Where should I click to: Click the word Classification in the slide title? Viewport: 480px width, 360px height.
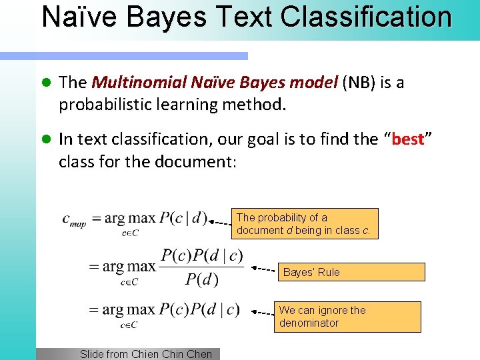coord(366,17)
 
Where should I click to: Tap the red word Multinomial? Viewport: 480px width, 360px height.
coord(139,83)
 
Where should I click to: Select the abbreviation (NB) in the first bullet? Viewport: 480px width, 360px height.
coord(359,83)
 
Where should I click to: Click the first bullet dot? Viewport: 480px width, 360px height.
coord(46,83)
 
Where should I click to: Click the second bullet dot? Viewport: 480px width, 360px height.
coord(46,139)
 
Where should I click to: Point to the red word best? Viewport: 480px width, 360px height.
coord(408,139)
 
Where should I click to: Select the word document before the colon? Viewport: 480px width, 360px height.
coord(195,162)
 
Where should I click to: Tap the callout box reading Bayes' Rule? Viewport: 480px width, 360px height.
coord(354,271)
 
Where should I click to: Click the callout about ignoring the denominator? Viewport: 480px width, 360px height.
coord(347,317)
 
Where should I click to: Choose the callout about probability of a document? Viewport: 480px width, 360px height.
coord(305,223)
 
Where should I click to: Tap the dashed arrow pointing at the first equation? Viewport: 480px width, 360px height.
coord(220,223)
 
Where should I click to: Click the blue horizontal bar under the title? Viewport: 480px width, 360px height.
coord(141,56)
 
